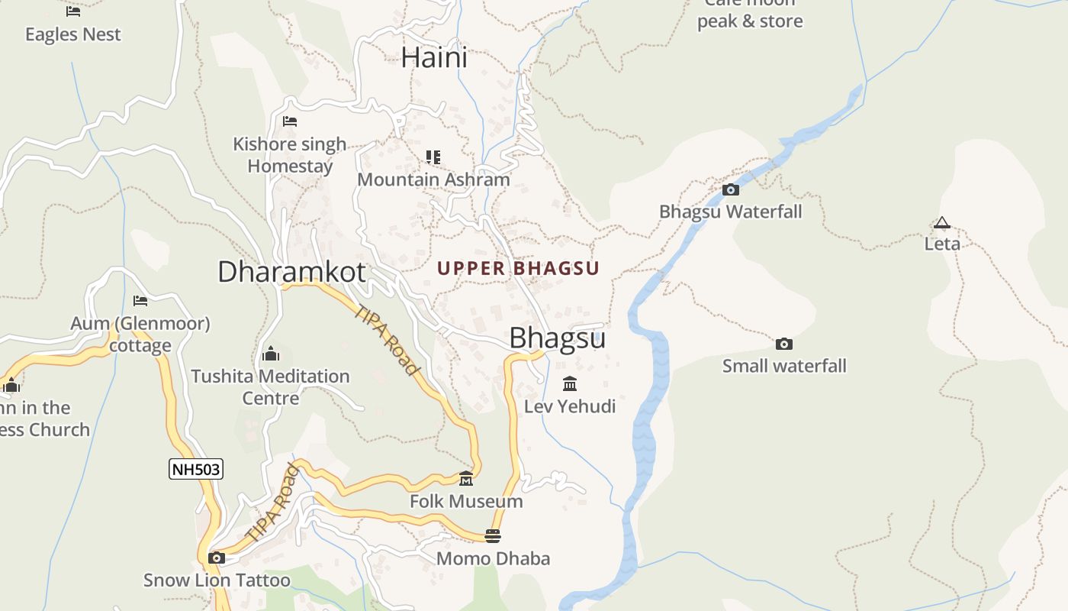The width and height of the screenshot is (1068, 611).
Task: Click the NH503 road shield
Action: click(196, 469)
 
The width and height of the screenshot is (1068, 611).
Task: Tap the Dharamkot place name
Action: click(291, 272)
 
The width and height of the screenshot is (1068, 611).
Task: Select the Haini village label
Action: click(434, 57)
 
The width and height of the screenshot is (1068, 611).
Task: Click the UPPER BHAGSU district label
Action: click(519, 268)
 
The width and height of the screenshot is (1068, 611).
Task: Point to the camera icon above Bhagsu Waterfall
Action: click(730, 189)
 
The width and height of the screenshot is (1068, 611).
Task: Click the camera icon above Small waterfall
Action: click(783, 344)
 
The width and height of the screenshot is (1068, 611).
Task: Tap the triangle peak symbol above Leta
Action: click(942, 223)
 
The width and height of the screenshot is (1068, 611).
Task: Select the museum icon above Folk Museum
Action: click(466, 479)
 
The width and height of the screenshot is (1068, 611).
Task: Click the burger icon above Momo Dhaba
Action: click(493, 536)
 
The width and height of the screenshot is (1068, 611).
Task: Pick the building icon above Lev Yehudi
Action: click(570, 383)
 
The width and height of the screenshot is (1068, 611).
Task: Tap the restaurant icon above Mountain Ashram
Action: click(433, 157)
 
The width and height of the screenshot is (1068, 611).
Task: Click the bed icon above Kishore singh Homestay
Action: click(289, 121)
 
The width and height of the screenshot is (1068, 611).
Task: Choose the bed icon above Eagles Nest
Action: click(73, 11)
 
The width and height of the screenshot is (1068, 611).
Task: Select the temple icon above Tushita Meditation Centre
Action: click(270, 354)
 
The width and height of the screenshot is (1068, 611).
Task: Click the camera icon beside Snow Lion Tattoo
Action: click(217, 558)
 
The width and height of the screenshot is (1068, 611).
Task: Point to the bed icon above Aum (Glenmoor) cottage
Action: click(140, 301)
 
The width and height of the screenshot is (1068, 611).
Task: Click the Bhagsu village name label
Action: click(557, 338)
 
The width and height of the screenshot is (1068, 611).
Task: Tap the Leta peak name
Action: click(942, 244)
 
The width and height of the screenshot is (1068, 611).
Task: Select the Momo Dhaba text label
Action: click(493, 558)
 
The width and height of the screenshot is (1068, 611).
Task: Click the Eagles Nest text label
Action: click(73, 34)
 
